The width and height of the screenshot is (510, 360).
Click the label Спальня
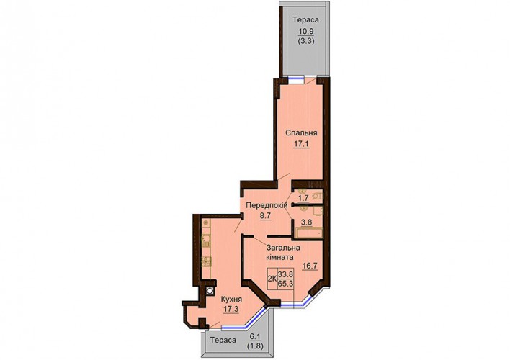point(301,133)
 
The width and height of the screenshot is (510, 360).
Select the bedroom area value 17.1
point(302,144)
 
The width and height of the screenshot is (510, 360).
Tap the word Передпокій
point(267,205)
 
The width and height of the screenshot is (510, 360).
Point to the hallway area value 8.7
point(265,215)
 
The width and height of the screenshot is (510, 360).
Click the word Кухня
point(231,300)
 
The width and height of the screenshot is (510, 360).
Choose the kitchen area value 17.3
point(231,309)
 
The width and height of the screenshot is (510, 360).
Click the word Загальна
point(283,248)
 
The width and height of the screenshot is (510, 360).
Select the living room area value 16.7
point(310,266)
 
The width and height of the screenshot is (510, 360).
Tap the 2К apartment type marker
point(272,279)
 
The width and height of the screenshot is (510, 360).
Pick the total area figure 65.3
point(285,284)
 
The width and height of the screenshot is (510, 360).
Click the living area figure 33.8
point(285,274)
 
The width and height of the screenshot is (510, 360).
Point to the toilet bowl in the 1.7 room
point(318,196)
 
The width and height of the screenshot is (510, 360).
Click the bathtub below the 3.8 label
point(308,233)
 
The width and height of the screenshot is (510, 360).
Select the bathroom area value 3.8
point(306,222)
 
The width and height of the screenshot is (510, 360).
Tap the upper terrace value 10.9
point(306,32)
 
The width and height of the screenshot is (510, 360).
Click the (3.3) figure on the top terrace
point(306,41)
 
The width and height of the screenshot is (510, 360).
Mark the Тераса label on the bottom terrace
point(223,341)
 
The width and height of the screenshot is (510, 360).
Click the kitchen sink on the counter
point(205,240)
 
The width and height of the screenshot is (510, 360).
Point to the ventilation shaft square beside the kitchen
point(210,291)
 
